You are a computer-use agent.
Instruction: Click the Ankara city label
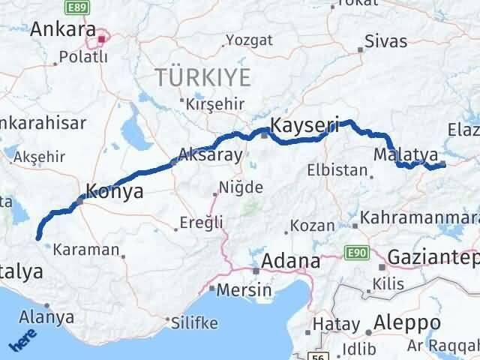[x=61, y=31]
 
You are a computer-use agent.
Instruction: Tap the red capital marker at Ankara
[x=102, y=35]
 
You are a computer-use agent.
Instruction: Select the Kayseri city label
[x=305, y=124]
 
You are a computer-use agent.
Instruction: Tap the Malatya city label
[x=405, y=154]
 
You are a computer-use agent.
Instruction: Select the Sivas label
[x=386, y=41]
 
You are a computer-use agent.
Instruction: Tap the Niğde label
[x=242, y=187]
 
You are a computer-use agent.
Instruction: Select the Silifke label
[x=195, y=323]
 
